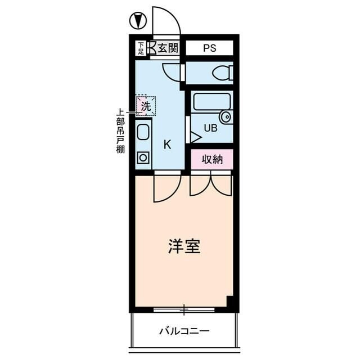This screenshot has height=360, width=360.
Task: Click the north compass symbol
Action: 138,21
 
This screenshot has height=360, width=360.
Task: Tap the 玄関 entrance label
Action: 167,48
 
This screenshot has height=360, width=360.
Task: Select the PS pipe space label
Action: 209,48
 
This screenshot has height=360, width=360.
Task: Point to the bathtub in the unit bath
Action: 212,101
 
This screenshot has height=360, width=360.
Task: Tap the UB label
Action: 210,128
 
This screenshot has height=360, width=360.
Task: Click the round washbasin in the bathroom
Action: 226,117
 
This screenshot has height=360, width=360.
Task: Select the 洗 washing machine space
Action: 146,105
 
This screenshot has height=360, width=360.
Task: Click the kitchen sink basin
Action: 143,133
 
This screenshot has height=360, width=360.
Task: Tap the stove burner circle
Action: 143,157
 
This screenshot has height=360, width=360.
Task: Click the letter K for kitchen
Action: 167,144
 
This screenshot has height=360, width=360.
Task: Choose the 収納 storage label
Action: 212,159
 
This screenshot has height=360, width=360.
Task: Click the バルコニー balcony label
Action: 183,331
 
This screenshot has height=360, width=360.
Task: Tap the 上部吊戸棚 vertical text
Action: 120,131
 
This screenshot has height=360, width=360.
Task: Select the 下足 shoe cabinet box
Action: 140,48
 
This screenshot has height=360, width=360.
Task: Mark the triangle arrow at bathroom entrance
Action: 195,137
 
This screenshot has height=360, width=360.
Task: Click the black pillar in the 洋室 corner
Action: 229,301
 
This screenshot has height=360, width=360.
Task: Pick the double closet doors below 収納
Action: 211,184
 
